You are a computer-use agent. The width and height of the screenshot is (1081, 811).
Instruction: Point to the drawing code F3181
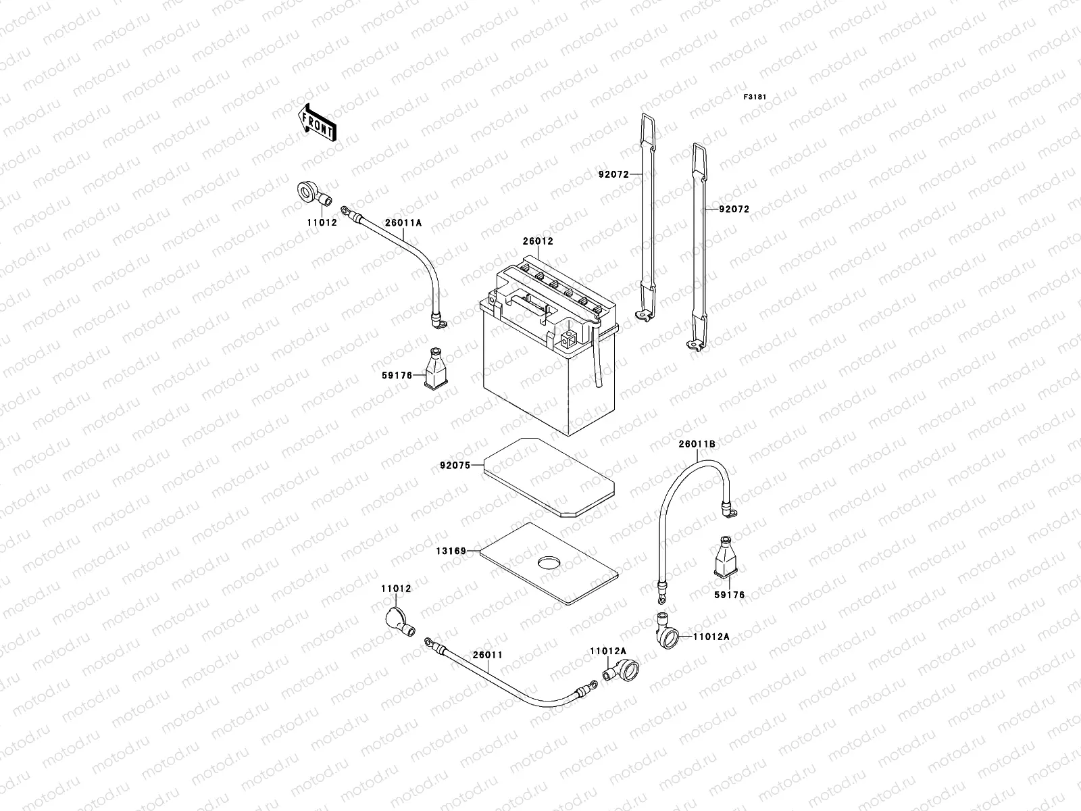756,97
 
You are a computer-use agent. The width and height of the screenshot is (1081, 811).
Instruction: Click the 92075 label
455,465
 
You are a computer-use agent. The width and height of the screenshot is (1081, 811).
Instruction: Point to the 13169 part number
452,551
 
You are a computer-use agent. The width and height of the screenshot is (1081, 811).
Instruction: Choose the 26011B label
697,444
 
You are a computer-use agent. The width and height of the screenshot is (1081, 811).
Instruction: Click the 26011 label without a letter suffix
487,655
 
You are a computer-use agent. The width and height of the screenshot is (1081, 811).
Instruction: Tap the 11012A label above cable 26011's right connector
608,651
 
